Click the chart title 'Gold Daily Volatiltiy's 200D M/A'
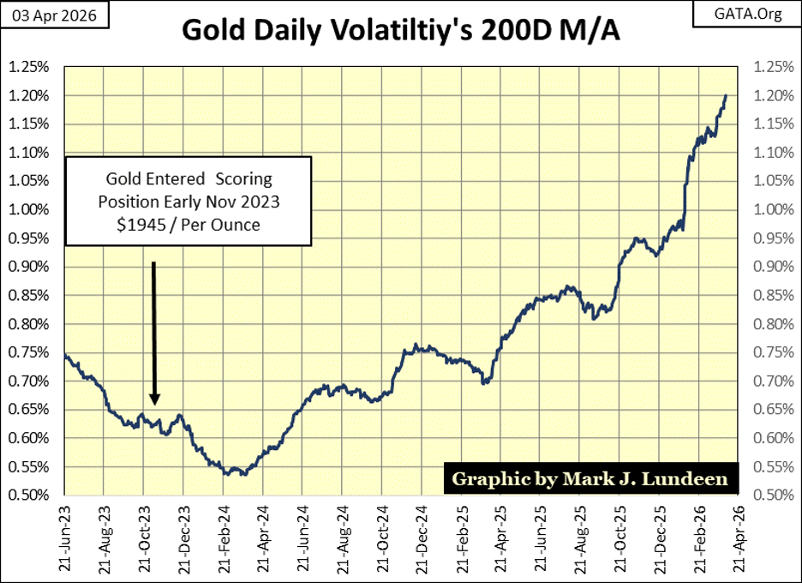(400, 30)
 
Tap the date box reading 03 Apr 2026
(54, 15)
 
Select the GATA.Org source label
(747, 14)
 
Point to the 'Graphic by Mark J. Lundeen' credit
(590, 478)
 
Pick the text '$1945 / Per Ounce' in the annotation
(189, 225)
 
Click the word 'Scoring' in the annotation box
(243, 178)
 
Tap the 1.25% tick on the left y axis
(28, 67)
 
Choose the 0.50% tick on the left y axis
(28, 495)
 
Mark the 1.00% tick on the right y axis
(774, 209)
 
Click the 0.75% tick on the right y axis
(774, 352)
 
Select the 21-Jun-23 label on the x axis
(65, 538)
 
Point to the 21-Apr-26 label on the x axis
(738, 538)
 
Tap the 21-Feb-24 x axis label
(224, 538)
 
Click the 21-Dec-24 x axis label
(422, 538)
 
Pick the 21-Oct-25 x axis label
(619, 538)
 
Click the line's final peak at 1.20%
(726, 95)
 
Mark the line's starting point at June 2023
(65, 355)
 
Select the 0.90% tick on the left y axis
(28, 267)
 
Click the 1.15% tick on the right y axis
(774, 123)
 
